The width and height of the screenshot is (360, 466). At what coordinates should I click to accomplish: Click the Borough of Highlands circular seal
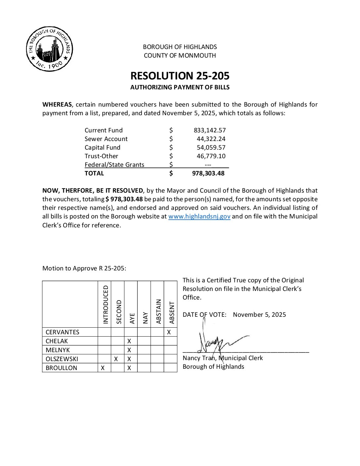tap(50, 49)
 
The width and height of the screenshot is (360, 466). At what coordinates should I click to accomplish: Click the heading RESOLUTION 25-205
tap(180, 76)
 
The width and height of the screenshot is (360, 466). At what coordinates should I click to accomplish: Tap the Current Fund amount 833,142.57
tap(209, 130)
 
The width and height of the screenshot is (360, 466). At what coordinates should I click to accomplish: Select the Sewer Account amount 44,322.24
tap(211, 139)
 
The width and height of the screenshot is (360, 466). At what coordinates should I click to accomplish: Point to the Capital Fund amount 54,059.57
tap(211, 148)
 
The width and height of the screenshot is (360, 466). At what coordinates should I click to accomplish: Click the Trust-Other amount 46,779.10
tap(211, 156)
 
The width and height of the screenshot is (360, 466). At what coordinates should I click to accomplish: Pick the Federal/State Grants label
tap(114, 165)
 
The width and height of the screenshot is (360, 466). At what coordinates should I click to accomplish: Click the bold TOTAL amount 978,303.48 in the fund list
tap(208, 173)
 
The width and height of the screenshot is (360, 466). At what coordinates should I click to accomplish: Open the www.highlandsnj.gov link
tap(199, 216)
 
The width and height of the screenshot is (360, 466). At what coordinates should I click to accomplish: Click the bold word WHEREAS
tap(57, 105)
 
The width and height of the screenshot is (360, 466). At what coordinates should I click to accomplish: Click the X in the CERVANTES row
tap(169, 332)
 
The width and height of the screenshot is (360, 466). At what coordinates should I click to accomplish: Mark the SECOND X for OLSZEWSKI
tap(116, 359)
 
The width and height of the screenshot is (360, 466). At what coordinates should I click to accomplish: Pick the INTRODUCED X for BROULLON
tap(103, 368)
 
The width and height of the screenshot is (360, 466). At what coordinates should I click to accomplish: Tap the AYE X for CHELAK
tap(129, 341)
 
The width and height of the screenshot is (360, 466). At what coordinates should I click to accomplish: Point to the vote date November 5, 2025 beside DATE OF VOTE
tap(259, 315)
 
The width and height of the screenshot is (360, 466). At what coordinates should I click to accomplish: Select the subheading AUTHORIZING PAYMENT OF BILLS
tap(180, 87)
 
